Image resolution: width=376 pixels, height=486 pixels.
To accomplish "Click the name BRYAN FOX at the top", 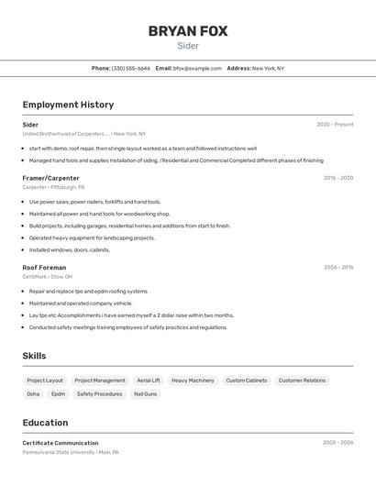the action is pyautogui.click(x=188, y=31).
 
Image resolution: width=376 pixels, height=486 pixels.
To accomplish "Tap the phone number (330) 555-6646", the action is pyautogui.click(x=130, y=68).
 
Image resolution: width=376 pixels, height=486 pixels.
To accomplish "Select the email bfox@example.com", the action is pyautogui.click(x=197, y=68).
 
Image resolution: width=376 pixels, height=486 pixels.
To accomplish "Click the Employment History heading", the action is pyautogui.click(x=68, y=105).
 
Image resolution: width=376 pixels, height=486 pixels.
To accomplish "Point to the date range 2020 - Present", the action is pyautogui.click(x=335, y=125).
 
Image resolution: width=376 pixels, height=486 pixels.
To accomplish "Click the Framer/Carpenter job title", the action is pyautogui.click(x=51, y=178).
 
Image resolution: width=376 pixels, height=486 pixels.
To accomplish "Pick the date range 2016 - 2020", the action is pyautogui.click(x=338, y=178).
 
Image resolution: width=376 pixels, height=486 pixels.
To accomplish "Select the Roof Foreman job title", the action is pyautogui.click(x=44, y=268).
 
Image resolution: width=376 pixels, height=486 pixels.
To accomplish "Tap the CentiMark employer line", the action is pyautogui.click(x=48, y=276).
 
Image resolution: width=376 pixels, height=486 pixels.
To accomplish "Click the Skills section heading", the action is pyautogui.click(x=34, y=356).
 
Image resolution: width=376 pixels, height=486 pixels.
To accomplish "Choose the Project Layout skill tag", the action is pyautogui.click(x=45, y=380).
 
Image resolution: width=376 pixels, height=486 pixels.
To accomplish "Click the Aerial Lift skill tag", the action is pyautogui.click(x=149, y=380).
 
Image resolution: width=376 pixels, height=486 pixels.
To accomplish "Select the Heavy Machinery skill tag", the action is pyautogui.click(x=193, y=380).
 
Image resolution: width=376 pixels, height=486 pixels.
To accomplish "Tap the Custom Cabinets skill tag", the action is pyautogui.click(x=247, y=380).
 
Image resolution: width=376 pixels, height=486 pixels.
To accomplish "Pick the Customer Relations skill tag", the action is pyautogui.click(x=302, y=380).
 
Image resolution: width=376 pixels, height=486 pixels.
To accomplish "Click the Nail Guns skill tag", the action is pyautogui.click(x=146, y=394).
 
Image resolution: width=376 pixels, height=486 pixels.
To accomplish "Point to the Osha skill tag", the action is pyautogui.click(x=33, y=394).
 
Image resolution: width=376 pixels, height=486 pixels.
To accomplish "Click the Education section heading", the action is pyautogui.click(x=45, y=423).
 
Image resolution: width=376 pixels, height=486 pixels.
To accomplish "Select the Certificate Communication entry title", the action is pyautogui.click(x=61, y=443).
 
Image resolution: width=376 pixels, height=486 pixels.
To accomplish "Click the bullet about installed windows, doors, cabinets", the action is pyautogui.click(x=70, y=249).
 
